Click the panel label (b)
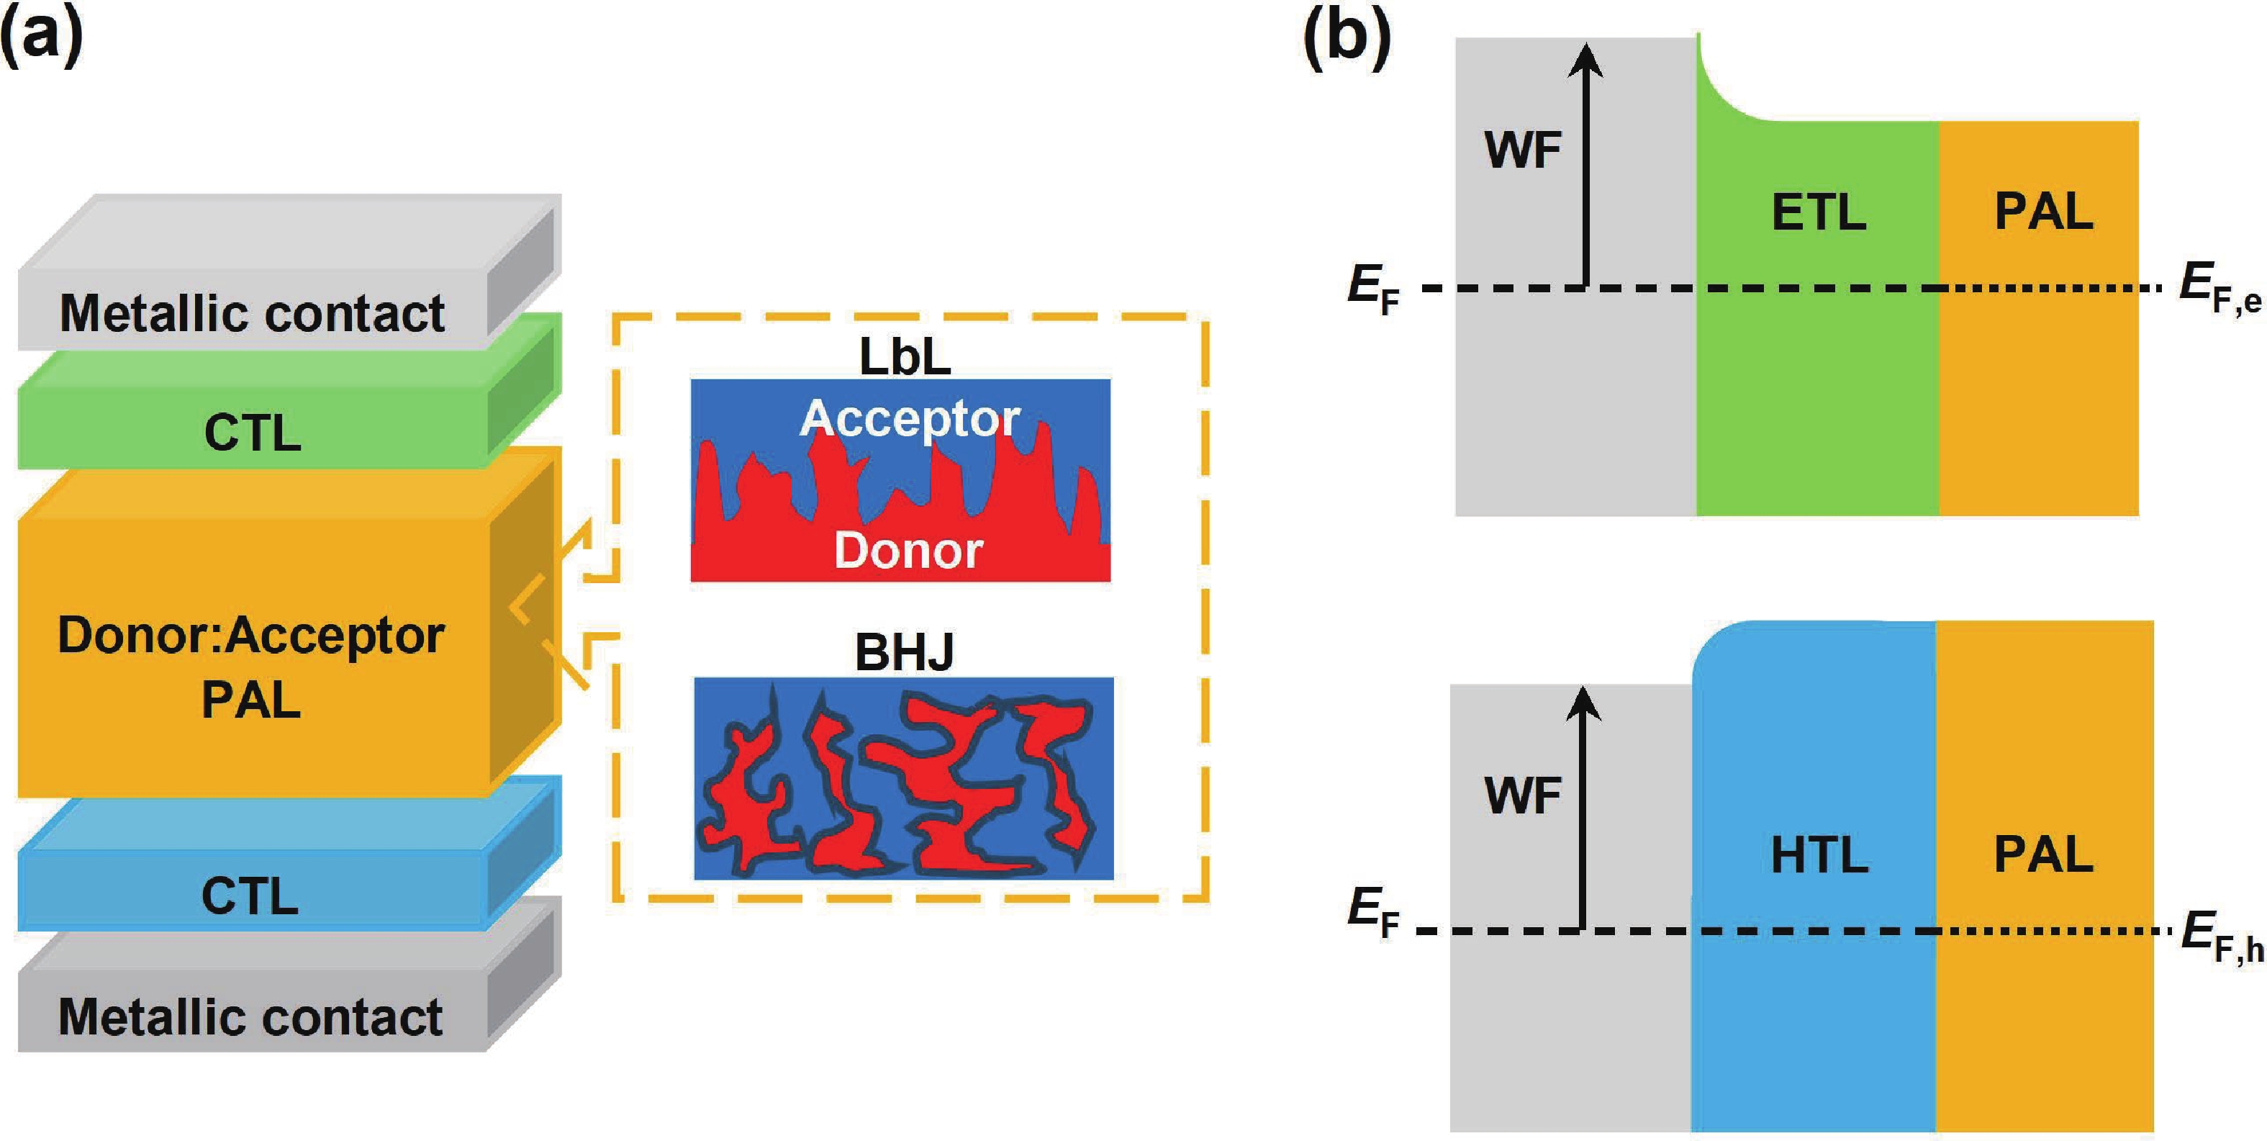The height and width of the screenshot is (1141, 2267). click(x=1347, y=37)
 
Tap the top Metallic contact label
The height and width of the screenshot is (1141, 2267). click(x=252, y=313)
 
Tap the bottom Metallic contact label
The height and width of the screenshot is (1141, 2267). click(x=251, y=1017)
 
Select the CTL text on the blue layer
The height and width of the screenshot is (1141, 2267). click(x=250, y=896)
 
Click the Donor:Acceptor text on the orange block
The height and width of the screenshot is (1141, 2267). click(x=251, y=636)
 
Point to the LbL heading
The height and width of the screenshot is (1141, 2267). click(x=905, y=356)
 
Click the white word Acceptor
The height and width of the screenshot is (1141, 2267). click(x=910, y=418)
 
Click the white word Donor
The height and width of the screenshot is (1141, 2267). click(x=908, y=551)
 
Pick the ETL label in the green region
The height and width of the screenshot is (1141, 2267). click(x=1818, y=213)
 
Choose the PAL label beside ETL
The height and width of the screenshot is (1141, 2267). click(x=2043, y=212)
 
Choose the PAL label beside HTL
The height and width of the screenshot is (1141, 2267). click(x=2043, y=855)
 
